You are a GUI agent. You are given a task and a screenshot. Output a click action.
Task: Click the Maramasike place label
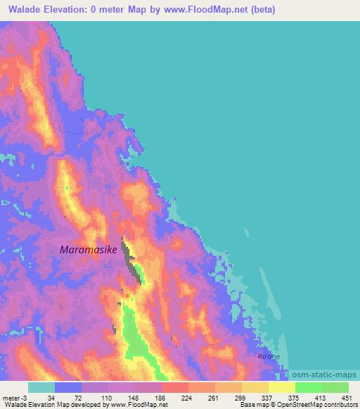click(88, 249)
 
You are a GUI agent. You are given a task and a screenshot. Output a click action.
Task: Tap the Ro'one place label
click(269, 356)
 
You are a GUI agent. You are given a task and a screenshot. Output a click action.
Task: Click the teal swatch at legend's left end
click(41, 387)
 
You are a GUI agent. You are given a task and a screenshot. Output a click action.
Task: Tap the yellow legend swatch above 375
click(281, 387)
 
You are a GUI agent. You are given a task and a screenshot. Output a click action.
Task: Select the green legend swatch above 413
click(308, 387)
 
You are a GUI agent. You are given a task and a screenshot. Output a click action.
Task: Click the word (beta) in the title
click(259, 10)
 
